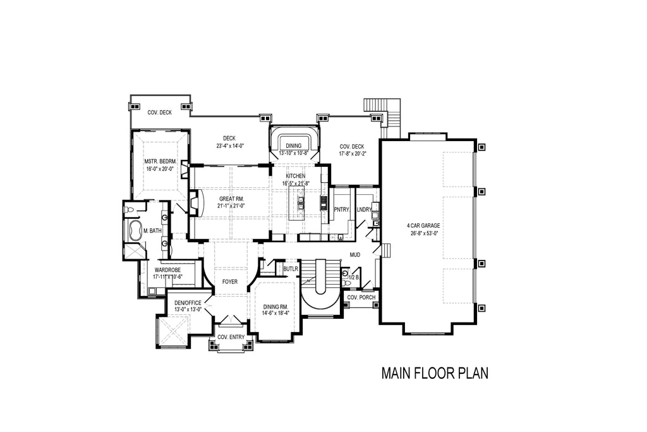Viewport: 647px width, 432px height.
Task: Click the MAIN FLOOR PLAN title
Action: tap(435, 373)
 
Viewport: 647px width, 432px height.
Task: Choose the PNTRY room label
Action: tap(342, 209)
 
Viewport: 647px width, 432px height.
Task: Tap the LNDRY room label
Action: tap(364, 209)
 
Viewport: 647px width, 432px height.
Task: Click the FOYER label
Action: tap(229, 281)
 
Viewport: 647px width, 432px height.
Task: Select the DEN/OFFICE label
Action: tap(188, 303)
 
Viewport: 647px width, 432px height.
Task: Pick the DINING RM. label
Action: tap(275, 306)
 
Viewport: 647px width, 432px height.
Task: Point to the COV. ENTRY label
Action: tap(231, 337)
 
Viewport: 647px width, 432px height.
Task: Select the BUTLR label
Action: tap(290, 269)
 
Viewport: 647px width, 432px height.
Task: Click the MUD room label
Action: tap(355, 255)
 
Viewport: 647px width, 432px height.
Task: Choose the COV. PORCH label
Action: tap(361, 297)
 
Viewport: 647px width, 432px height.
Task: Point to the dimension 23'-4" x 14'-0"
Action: tap(229, 146)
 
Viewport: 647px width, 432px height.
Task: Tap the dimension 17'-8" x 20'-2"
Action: tap(353, 153)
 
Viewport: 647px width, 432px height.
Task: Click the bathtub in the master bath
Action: tap(135, 231)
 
